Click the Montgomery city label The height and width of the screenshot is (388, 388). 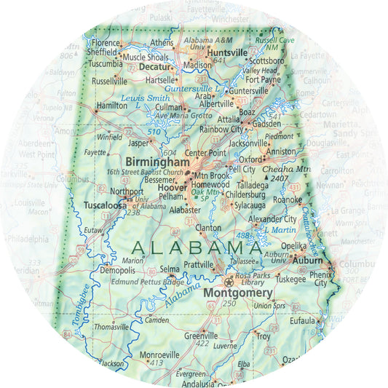coord(238,293)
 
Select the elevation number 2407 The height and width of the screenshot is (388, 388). coord(280,178)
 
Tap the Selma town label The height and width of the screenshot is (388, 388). coord(170,268)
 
